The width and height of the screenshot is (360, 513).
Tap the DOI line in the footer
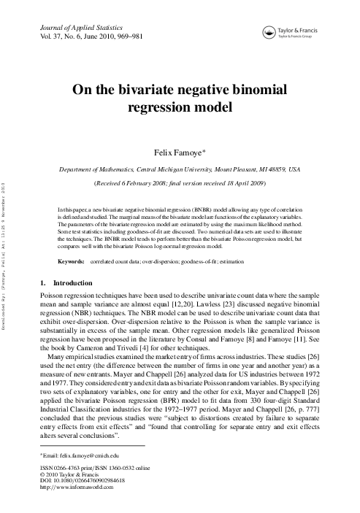[x=82, y=481]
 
